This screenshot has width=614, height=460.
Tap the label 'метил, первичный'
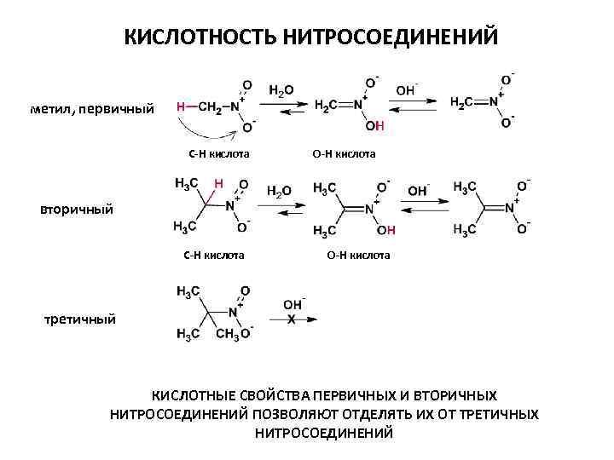pyautogui.click(x=91, y=108)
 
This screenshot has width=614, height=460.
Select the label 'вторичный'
pyautogui.click(x=78, y=209)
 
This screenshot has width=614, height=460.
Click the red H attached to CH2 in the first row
pyautogui.click(x=181, y=106)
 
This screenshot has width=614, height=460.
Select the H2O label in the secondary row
pyautogui.click(x=280, y=191)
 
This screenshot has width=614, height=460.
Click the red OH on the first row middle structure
pyautogui.click(x=374, y=126)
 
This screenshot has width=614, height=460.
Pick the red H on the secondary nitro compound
pyautogui.click(x=218, y=183)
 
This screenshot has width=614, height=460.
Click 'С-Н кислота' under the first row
pyautogui.click(x=219, y=154)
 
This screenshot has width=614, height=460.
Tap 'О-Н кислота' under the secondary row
pyautogui.click(x=358, y=255)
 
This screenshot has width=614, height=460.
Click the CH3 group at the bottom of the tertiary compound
pyautogui.click(x=227, y=334)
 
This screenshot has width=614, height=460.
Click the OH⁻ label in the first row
pyautogui.click(x=407, y=88)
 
